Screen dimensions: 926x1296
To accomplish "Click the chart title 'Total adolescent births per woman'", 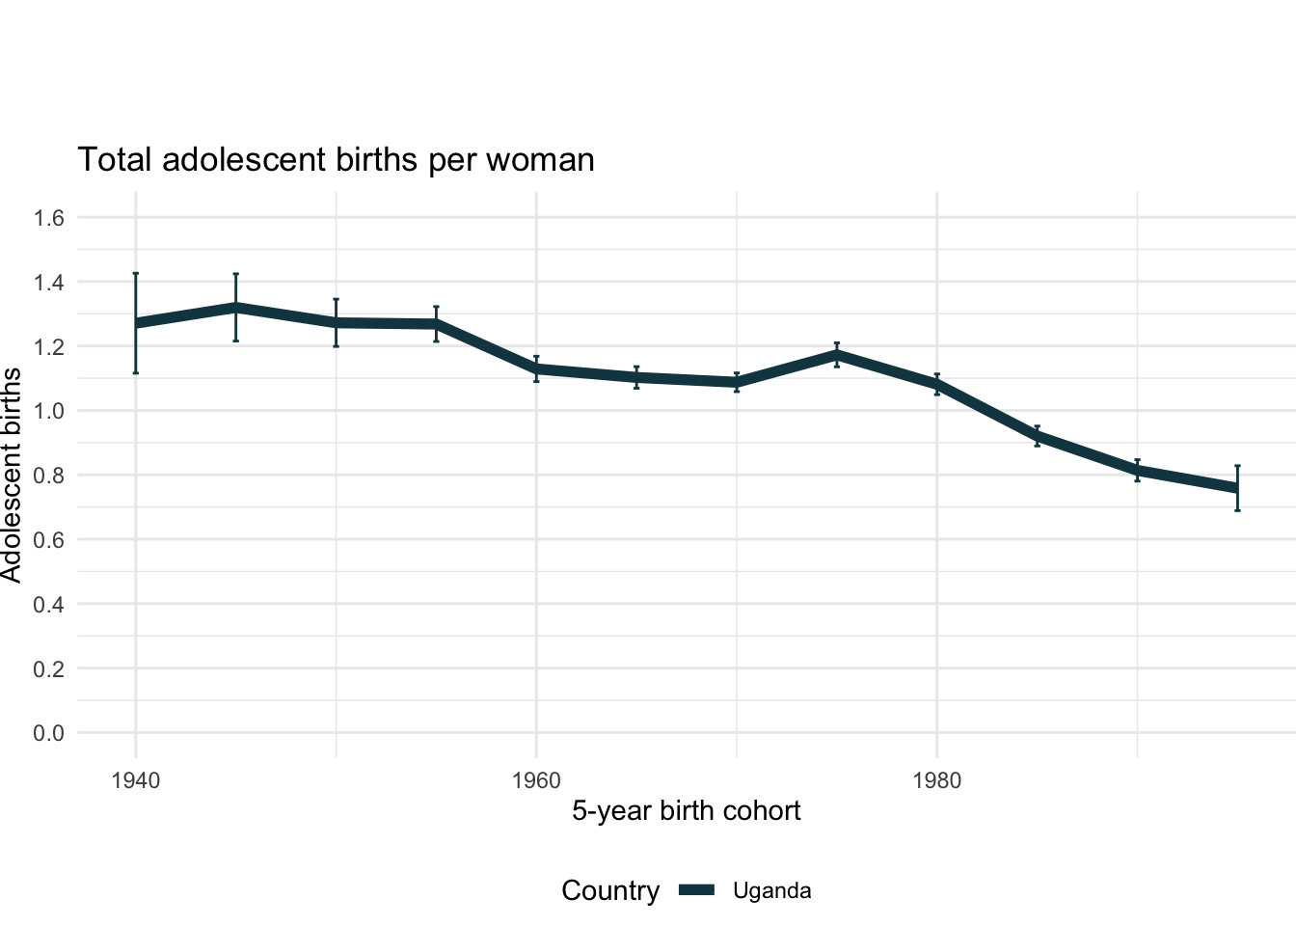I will [336, 160].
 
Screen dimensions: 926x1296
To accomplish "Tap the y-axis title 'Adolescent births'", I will [12, 475].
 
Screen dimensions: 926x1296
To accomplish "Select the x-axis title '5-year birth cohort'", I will [686, 810].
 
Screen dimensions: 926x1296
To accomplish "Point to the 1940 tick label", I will [136, 780].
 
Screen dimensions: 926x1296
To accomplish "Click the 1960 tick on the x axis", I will [536, 780].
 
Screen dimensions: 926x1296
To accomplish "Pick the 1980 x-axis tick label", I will [936, 780].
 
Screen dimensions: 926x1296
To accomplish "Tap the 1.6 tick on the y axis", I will [49, 218].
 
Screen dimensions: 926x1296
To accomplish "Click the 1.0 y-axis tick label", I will [49, 411].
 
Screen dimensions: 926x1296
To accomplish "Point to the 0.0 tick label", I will [49, 733].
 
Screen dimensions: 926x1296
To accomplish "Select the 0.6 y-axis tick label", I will [49, 540].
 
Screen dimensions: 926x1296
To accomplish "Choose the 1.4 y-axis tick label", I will [49, 283].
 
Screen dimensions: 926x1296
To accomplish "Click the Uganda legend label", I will [771, 891].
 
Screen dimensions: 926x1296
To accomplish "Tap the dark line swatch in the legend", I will [696, 891].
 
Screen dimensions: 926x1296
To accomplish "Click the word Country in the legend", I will [610, 891].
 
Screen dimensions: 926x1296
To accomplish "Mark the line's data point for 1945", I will [235, 308].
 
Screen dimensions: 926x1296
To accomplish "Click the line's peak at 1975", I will [837, 355].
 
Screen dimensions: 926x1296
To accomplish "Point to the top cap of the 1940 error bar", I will [136, 274].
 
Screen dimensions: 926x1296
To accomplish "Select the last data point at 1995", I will [1237, 488].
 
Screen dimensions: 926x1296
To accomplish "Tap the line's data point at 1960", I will [536, 369].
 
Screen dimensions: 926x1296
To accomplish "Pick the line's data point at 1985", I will [1037, 436].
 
